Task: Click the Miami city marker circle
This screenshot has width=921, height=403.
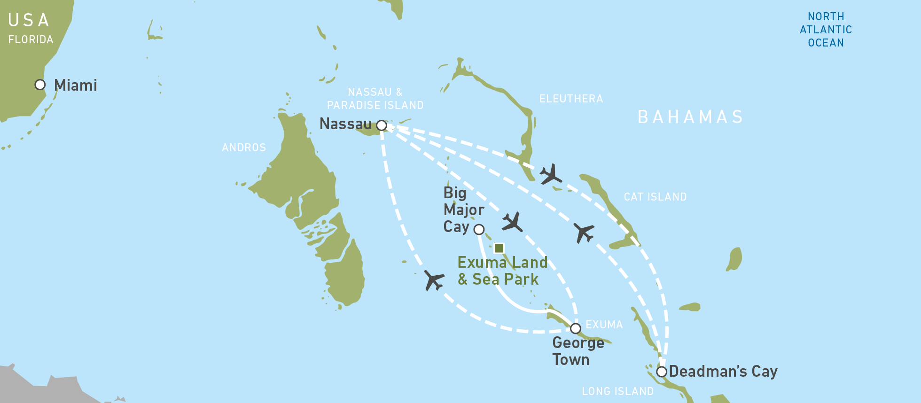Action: coord(40,85)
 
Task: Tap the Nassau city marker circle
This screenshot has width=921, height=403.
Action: coord(382,125)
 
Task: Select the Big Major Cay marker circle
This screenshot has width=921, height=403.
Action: coord(479,229)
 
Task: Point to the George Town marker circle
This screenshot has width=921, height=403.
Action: coord(576,328)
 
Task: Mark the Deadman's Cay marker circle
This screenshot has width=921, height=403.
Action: coord(662,372)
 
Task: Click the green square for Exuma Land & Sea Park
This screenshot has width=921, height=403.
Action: coord(499,248)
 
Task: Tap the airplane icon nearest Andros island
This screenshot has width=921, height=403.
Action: coord(434,280)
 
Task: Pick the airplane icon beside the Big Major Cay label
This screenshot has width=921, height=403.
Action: coord(512,222)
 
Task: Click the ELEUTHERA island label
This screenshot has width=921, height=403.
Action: coord(571,99)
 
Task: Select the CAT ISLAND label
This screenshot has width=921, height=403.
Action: coord(655,197)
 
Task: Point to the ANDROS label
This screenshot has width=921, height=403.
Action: coord(244,147)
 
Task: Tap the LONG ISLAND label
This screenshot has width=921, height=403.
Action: coord(617,391)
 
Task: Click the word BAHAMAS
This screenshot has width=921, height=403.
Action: coord(690,117)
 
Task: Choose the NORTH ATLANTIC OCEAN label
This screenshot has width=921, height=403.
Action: coord(826,30)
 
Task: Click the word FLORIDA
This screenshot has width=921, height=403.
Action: coord(31,39)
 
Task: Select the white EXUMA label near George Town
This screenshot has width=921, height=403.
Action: coord(604,325)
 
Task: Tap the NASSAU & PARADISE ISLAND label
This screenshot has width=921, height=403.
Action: coord(375,99)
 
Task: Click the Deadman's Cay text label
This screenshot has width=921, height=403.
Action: coord(723,371)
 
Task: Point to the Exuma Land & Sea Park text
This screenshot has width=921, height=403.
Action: coord(502,271)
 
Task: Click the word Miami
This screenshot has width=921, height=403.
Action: coord(76,85)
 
